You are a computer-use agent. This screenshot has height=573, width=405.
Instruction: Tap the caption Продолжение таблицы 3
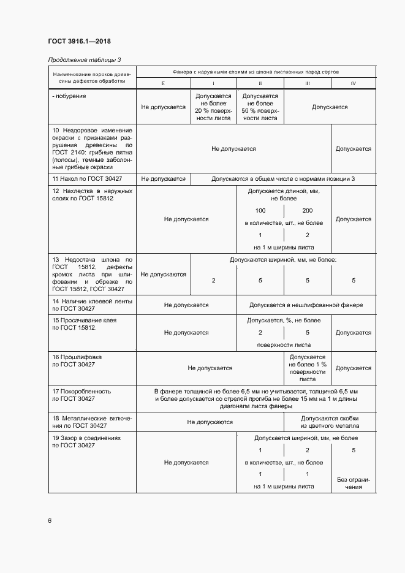pos(80,60)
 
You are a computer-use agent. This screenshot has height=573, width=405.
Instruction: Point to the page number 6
pos(50,521)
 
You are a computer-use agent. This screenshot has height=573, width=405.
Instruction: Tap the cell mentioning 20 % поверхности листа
pos(213,107)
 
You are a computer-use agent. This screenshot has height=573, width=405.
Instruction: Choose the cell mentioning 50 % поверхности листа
pos(260,107)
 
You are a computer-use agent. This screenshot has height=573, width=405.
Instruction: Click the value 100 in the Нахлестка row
pos(260,210)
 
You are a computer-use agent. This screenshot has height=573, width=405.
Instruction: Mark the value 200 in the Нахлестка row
pos(307,210)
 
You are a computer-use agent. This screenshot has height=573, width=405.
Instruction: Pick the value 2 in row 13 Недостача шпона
pos(213,281)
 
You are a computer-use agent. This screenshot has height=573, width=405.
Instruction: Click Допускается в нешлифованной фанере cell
pos(306,305)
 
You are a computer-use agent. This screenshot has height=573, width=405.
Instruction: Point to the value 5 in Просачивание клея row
pos(307,333)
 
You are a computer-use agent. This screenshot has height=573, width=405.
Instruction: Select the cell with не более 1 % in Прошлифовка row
pos(307,368)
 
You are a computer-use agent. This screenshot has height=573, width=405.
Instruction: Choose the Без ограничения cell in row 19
pos(354,483)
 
